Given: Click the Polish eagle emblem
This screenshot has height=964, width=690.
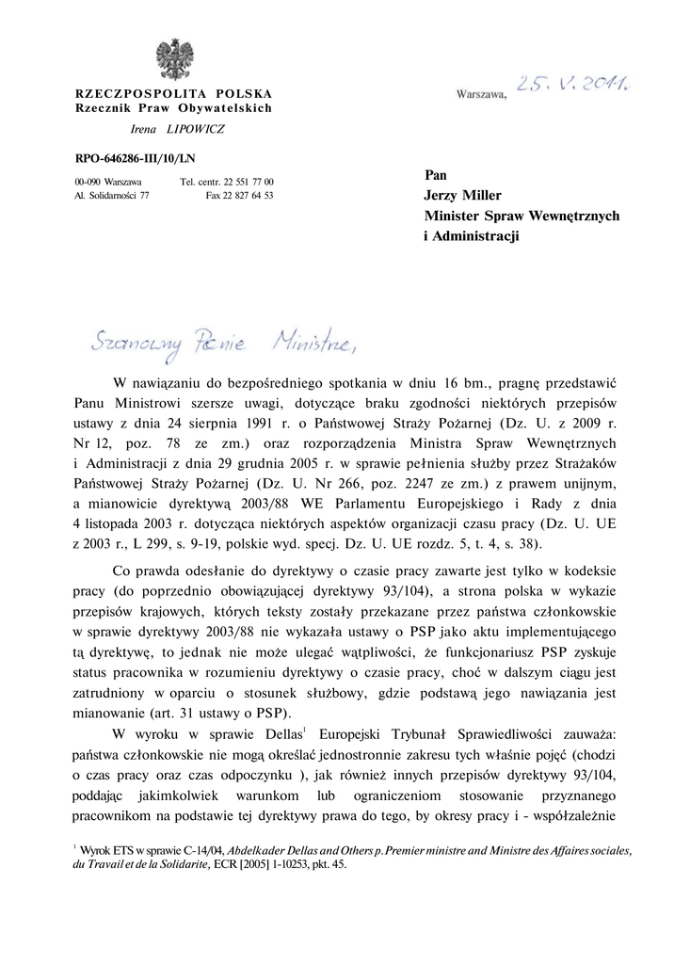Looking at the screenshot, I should [174, 58].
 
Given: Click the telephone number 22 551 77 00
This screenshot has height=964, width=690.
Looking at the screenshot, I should [249, 181].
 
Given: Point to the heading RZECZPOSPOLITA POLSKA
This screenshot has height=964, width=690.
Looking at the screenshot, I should [174, 94].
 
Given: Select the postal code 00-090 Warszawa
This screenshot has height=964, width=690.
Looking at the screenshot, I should [108, 181].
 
